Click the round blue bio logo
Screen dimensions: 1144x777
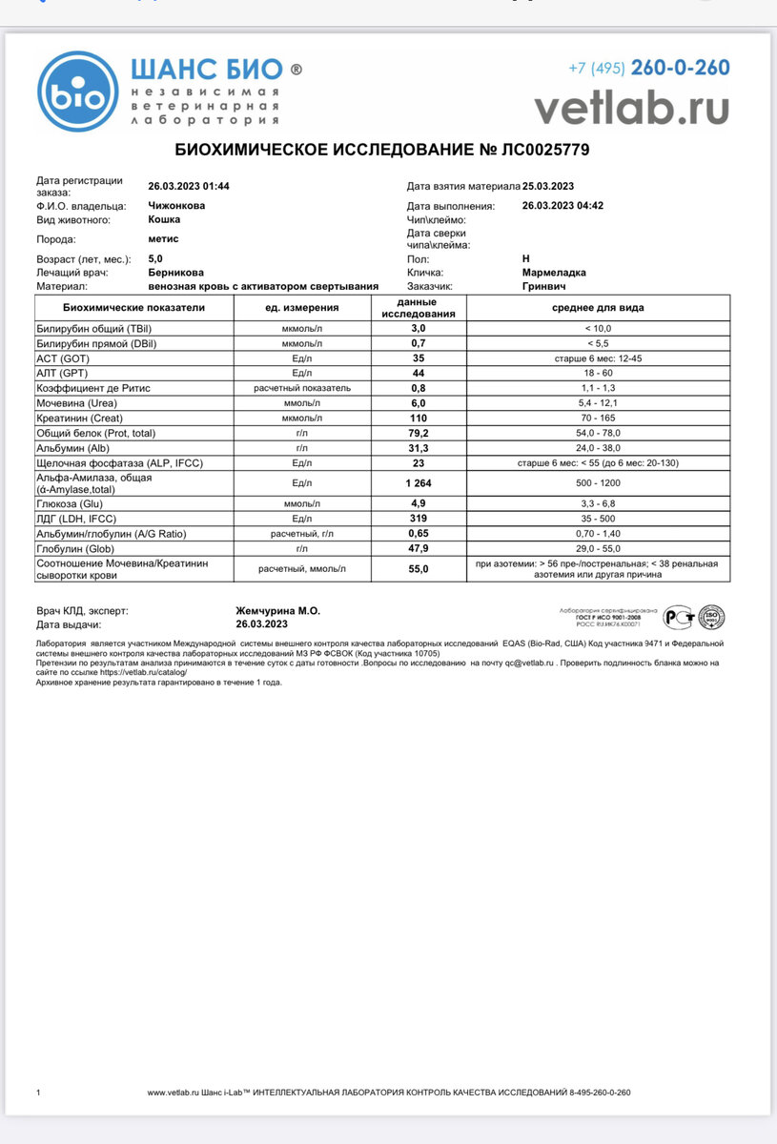tap(78, 92)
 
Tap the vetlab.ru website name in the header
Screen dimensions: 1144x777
tap(631, 106)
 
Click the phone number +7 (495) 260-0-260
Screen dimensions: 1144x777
tap(648, 68)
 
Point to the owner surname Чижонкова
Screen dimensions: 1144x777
tap(176, 205)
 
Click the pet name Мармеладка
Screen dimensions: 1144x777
tap(554, 272)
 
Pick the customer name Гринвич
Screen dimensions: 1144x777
tap(543, 285)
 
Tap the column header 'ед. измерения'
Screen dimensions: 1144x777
tap(302, 308)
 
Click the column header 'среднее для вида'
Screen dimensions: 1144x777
tap(598, 308)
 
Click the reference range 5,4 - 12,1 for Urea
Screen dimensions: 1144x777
tap(598, 403)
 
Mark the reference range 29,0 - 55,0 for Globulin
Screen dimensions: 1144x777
tap(598, 548)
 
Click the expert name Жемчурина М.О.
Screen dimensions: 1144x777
tap(277, 611)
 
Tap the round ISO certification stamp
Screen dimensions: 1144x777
tap(711, 618)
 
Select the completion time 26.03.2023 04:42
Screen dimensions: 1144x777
tap(562, 205)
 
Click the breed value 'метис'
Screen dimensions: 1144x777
tap(163, 239)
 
